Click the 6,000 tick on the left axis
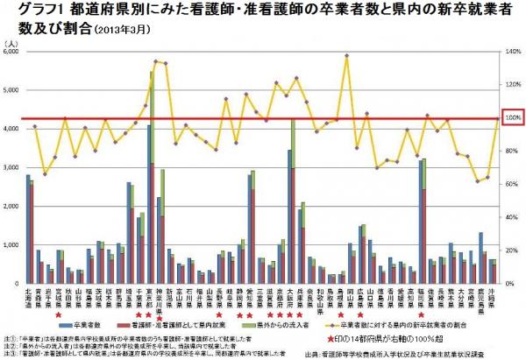(14, 52)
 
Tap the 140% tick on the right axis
(513, 52)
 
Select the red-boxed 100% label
(512, 117)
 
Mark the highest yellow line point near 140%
(347, 56)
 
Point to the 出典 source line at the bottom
(412, 353)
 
